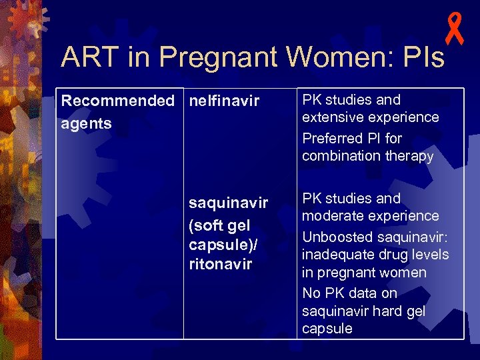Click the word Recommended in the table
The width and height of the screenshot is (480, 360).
(117, 101)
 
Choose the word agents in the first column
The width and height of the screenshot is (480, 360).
(86, 124)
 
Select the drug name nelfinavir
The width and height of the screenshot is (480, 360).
(224, 101)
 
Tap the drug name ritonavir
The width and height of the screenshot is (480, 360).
(220, 264)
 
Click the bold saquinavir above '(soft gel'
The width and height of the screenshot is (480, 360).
(229, 202)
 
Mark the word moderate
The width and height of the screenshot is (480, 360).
(333, 216)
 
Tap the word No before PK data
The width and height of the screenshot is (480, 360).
(311, 293)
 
